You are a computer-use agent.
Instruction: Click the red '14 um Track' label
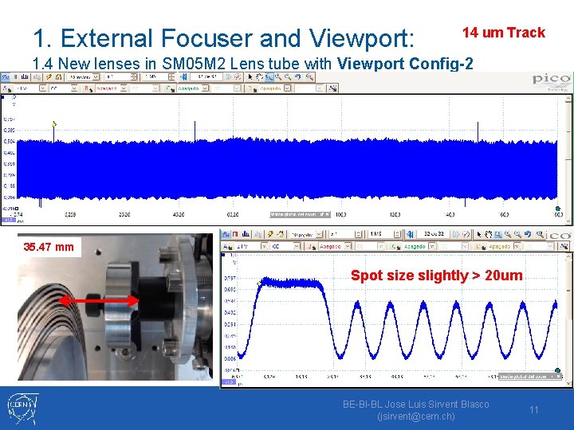tap(504, 33)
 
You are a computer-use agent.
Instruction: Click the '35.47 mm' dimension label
tap(49, 247)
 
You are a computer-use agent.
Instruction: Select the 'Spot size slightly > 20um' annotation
tap(437, 276)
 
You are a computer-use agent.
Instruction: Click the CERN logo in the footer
tap(23, 407)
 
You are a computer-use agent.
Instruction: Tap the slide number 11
tap(534, 409)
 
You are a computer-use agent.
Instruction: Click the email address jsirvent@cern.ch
tap(415, 416)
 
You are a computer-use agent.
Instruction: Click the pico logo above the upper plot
tap(552, 80)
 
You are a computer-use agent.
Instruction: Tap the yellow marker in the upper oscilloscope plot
tap(53, 123)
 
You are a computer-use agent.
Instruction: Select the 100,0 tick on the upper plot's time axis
tap(340, 214)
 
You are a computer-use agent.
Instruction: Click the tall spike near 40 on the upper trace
tap(478, 131)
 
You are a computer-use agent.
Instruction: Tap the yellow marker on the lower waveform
tap(258, 282)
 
